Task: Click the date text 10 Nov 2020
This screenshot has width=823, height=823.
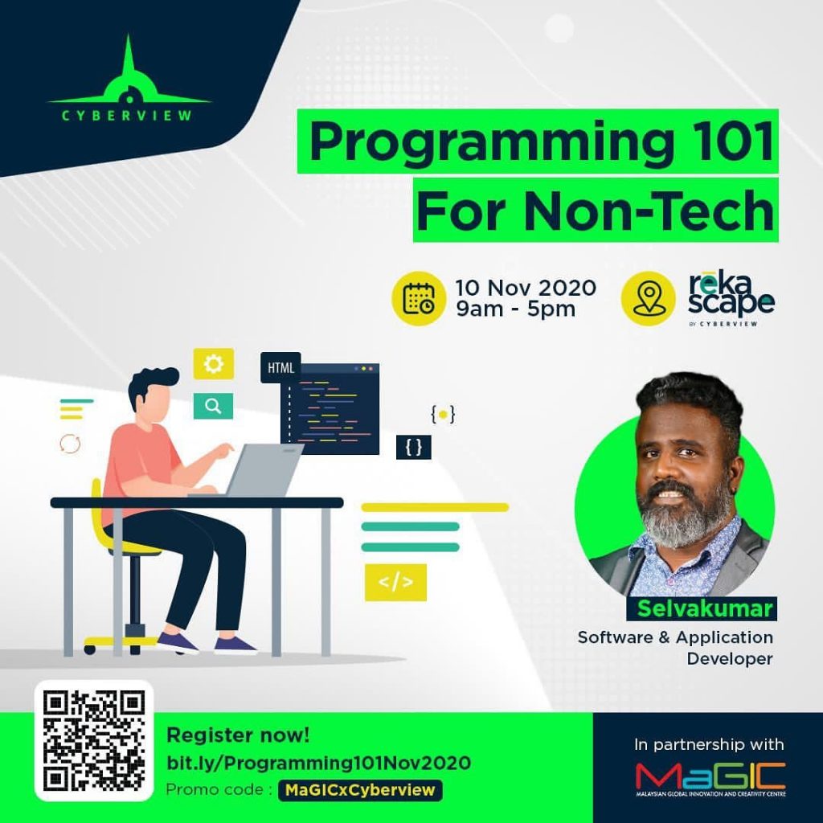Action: [526, 288]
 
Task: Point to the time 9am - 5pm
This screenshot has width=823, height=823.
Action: [515, 309]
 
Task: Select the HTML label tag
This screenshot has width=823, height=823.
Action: [280, 369]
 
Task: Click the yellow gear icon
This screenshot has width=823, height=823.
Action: [213, 365]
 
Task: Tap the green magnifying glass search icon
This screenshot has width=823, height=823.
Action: [213, 406]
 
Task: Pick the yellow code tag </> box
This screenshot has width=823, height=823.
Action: [395, 583]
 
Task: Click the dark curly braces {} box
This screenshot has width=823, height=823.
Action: [413, 448]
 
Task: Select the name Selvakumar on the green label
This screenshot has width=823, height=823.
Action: [705, 608]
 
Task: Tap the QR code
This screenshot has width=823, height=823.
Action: [93, 739]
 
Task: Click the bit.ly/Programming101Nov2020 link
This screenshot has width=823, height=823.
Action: [317, 762]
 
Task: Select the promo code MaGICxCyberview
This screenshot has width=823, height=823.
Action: [359, 790]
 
